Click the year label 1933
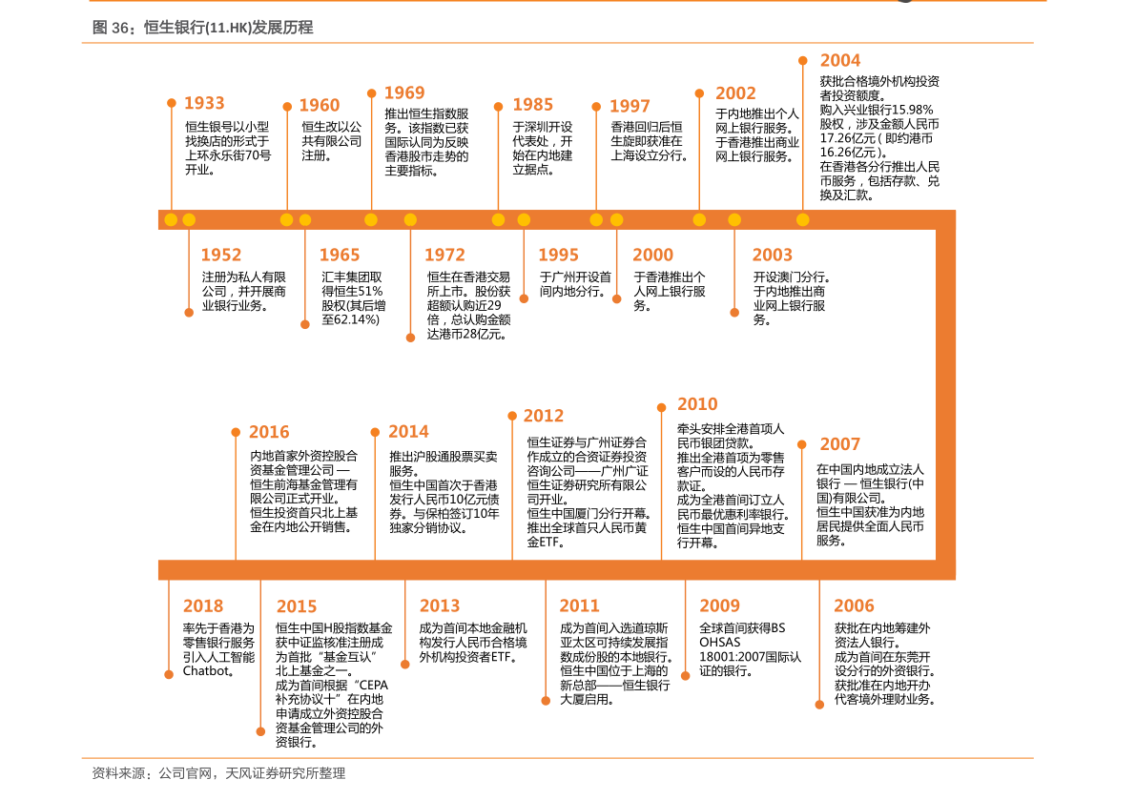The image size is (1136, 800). tap(204, 103)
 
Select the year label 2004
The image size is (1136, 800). tap(840, 60)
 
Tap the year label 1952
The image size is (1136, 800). tap(221, 255)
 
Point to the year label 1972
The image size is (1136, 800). tap(444, 255)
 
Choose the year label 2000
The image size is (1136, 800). tap(652, 255)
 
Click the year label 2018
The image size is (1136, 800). tap(203, 605)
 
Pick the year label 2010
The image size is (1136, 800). tap(697, 404)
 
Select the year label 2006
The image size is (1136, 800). tap(854, 605)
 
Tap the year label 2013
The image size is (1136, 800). tap(440, 605)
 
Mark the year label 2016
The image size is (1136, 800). tap(269, 432)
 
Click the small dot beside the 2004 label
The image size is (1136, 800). tap(803, 60)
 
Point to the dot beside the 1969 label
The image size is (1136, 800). tap(372, 93)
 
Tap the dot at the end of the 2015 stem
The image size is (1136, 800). tap(260, 731)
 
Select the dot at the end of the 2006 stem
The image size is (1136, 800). tap(819, 705)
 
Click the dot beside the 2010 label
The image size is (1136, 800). tap(662, 407)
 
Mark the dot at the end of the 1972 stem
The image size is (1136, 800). tap(410, 338)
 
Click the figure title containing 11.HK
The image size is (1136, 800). tap(202, 28)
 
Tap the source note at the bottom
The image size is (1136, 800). tap(218, 773)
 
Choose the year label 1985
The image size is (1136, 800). tap(532, 105)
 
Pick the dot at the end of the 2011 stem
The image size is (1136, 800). tap(546, 701)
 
